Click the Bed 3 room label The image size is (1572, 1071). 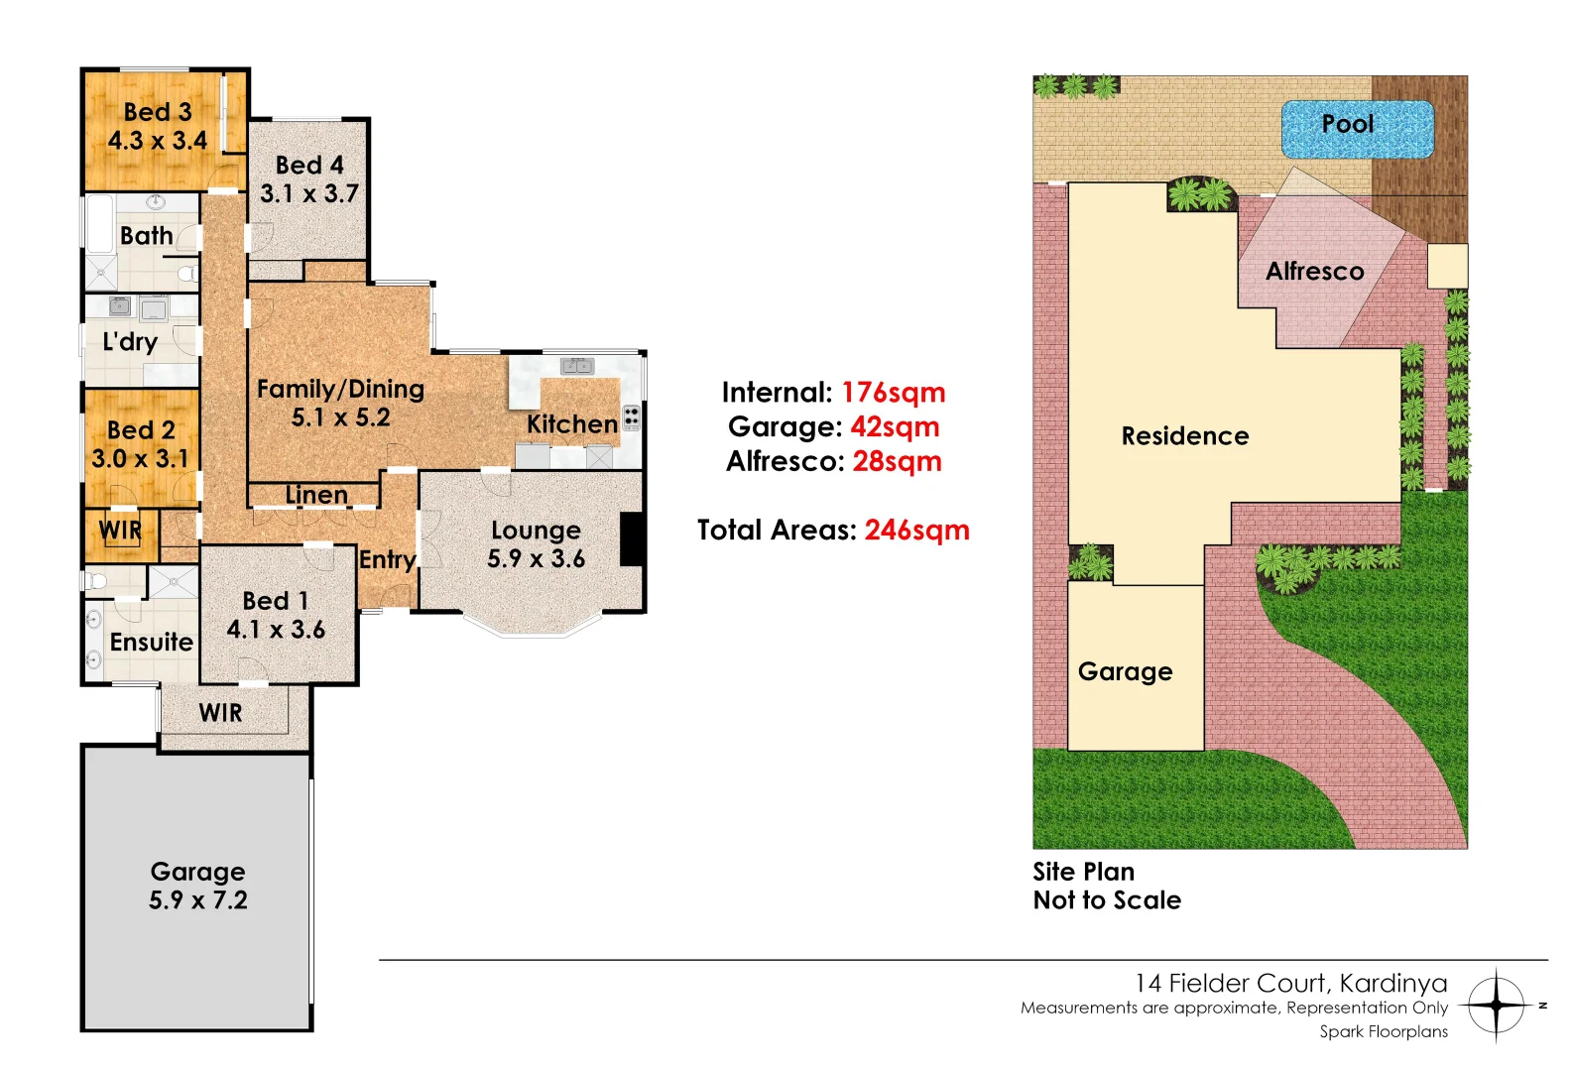(x=158, y=112)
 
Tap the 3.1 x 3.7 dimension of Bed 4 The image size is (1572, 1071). (x=309, y=193)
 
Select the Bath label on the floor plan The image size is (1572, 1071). (x=146, y=236)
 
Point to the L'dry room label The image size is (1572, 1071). (x=130, y=342)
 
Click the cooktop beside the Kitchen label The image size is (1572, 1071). (x=631, y=416)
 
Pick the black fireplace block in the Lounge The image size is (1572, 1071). (x=632, y=539)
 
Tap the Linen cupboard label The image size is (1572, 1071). (x=316, y=495)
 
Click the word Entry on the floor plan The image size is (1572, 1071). (x=387, y=560)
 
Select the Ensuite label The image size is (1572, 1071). (x=151, y=643)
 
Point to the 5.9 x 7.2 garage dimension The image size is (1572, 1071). (x=198, y=900)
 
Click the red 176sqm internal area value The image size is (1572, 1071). (x=893, y=393)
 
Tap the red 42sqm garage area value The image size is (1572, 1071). (x=895, y=427)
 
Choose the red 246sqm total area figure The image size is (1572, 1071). (x=916, y=531)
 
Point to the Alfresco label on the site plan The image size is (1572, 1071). (x=1314, y=272)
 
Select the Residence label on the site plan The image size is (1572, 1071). (x=1184, y=436)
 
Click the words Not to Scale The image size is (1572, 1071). (x=1107, y=900)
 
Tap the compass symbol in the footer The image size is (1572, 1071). (x=1496, y=1006)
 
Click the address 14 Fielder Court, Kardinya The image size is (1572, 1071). (x=1290, y=983)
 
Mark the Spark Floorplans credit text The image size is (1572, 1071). (x=1383, y=1032)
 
